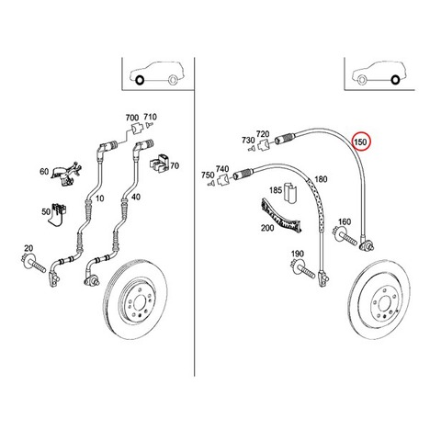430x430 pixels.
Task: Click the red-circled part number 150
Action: pos(360,142)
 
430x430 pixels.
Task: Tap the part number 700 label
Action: pos(132,118)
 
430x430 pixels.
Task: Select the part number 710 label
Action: pos(150,117)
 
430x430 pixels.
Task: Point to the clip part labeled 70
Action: pos(159,164)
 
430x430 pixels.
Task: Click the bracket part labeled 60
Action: pos(67,173)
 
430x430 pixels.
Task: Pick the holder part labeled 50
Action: pos(58,214)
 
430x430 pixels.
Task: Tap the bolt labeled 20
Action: pos(33,264)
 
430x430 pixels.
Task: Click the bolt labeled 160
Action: pos(345,236)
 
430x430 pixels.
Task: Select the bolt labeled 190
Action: pos(303,268)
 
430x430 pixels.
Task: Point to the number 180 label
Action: pos(321,179)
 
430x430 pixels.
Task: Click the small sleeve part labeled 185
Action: pos(289,193)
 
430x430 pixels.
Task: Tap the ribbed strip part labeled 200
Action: pos(280,216)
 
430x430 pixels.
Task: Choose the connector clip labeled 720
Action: pos(264,144)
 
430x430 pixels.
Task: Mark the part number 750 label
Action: pos(208,175)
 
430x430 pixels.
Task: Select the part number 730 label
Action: pos(248,140)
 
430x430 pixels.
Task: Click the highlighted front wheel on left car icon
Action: pos(140,81)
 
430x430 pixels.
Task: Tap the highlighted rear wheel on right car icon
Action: pos(395,80)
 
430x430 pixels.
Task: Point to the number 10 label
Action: pos(99,198)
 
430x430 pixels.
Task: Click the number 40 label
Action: pos(136,197)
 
